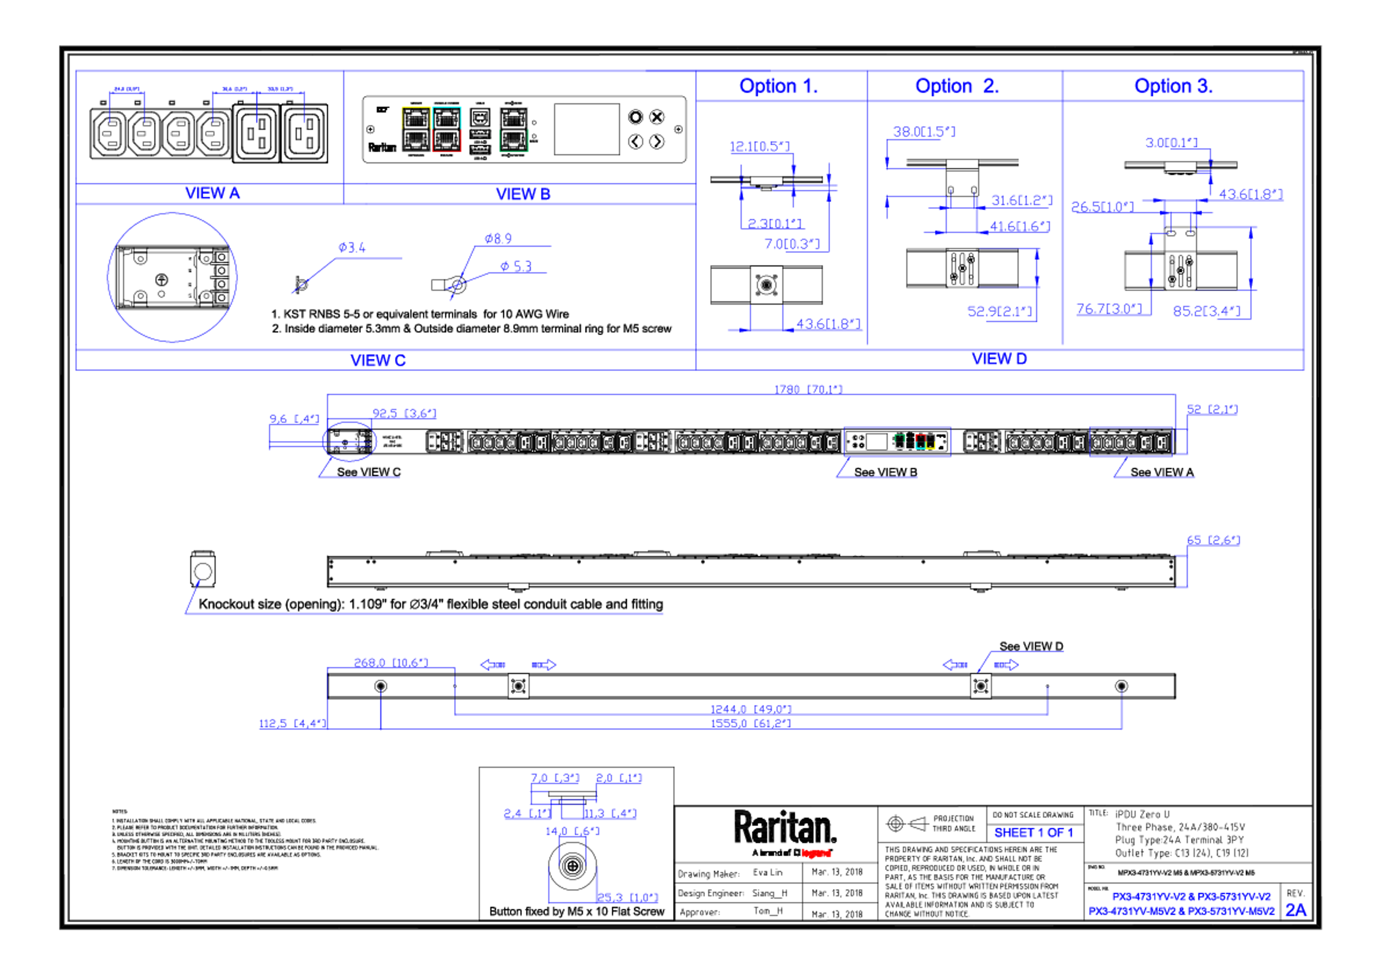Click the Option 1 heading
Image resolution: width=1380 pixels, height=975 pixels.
[778, 86]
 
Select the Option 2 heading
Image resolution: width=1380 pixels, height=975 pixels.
[957, 86]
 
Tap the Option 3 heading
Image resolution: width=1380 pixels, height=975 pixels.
[1173, 86]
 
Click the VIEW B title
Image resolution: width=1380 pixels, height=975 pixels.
[523, 194]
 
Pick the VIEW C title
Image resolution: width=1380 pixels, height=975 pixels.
[378, 361]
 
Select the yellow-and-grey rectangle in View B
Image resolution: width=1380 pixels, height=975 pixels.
[415, 129]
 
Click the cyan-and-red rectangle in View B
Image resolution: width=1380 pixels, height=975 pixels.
[447, 129]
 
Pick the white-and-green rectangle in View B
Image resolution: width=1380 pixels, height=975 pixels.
[514, 129]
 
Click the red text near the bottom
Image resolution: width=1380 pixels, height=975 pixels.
[816, 853]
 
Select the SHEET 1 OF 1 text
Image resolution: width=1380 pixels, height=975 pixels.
[1032, 833]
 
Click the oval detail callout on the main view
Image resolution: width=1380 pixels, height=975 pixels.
[349, 443]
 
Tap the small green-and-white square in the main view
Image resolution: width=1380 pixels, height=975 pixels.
[899, 442]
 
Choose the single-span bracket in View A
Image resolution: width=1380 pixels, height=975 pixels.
[127, 103]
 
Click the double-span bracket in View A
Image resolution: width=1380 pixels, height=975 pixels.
[258, 103]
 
